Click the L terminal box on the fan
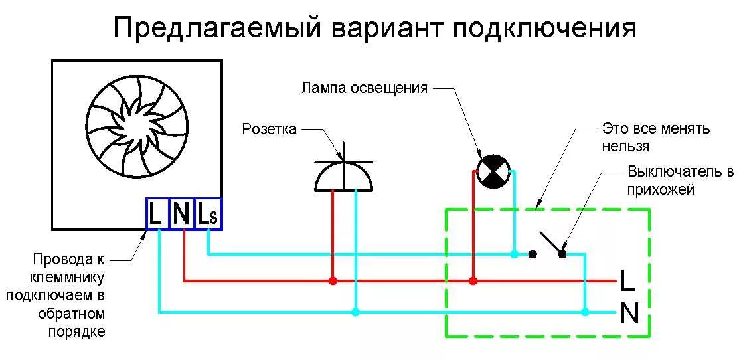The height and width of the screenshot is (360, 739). pos(157,214)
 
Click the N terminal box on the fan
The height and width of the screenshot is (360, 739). pos(182,214)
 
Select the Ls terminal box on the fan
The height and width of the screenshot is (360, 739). pos(208,214)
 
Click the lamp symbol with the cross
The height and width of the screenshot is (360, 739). pos(494,171)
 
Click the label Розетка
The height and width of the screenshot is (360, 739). pos(269,129)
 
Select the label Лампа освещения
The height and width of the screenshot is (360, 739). pos(364,88)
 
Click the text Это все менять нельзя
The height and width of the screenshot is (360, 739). pos(656,137)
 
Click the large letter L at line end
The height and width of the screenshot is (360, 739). pos(627,281)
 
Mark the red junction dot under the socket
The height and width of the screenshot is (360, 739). pos(333,281)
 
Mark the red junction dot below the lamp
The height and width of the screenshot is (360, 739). pos(473,281)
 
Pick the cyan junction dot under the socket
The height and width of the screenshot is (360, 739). pos(356,312)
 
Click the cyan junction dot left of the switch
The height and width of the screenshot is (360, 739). pos(515,254)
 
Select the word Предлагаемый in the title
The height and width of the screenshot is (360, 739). pos(218,29)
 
